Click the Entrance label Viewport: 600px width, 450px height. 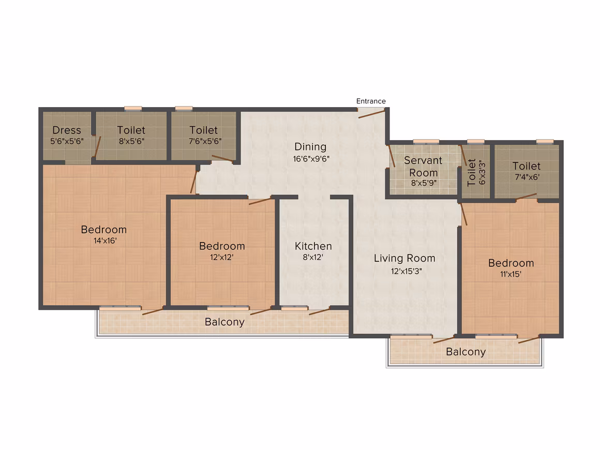(371, 101)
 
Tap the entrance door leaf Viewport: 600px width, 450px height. (371, 114)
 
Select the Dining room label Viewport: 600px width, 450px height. (310, 147)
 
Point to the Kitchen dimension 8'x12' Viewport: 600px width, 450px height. (313, 257)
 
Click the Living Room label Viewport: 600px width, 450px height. (404, 258)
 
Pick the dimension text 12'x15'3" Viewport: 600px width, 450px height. (406, 271)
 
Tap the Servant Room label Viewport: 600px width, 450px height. (423, 167)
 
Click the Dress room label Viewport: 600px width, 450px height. (67, 130)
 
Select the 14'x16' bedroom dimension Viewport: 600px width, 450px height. (105, 241)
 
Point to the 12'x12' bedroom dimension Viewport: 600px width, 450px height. (221, 257)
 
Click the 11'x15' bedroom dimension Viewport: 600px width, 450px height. (511, 274)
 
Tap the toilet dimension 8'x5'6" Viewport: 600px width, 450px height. (131, 141)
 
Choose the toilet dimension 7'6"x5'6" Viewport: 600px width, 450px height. (205, 141)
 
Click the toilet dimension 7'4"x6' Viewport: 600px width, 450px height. (527, 177)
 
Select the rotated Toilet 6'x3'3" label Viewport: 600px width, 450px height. (476, 172)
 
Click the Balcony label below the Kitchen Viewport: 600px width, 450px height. (224, 322)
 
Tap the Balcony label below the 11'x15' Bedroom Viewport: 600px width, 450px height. (466, 352)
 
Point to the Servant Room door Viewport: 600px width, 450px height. (392, 156)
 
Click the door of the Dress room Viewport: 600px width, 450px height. (98, 147)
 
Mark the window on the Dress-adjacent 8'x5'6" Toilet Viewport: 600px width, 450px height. (133, 109)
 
